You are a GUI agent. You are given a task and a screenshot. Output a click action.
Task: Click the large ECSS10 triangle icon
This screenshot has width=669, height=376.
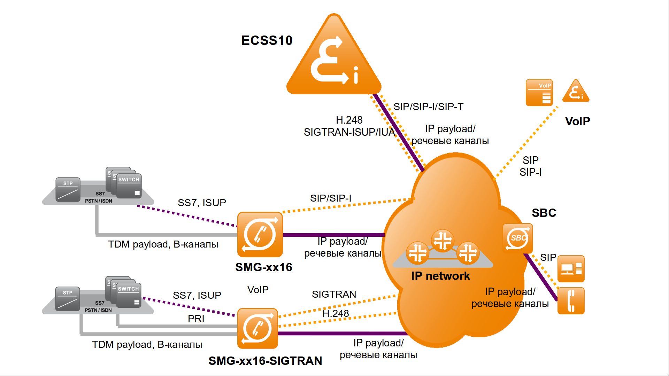pyautogui.click(x=334, y=59)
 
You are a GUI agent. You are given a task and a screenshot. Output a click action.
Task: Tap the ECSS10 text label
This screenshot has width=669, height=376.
pyautogui.click(x=267, y=40)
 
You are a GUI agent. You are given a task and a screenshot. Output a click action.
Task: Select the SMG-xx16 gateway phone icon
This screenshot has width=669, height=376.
pyautogui.click(x=260, y=234)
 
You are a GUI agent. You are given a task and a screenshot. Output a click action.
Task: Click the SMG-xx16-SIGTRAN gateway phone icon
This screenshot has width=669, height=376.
pyautogui.click(x=257, y=328)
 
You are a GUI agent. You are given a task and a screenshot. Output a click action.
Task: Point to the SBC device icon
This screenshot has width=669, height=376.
pyautogui.click(x=518, y=238)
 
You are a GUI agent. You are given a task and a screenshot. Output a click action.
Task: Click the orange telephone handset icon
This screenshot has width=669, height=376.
pyautogui.click(x=571, y=301)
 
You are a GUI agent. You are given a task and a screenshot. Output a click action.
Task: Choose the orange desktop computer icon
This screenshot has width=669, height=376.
pyautogui.click(x=571, y=269)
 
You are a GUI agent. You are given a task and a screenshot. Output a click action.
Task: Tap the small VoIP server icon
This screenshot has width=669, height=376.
pyautogui.click(x=539, y=93)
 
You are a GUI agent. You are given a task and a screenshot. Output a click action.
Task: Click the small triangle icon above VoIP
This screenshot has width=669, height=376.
pyautogui.click(x=576, y=91)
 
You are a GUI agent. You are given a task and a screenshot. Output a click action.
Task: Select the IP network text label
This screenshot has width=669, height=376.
pyautogui.click(x=440, y=276)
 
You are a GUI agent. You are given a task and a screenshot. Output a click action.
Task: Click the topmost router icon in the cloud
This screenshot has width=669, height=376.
pyautogui.click(x=443, y=240)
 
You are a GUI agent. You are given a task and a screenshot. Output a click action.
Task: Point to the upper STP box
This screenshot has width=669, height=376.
pyautogui.click(x=68, y=190)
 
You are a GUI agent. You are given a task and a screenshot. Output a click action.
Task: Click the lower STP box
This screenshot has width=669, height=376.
pyautogui.click(x=68, y=299)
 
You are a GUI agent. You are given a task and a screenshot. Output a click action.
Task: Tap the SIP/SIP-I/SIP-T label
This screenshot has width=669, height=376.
pyautogui.click(x=428, y=107)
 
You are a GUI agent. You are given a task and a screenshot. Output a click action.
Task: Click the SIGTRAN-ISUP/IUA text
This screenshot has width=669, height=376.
pyautogui.click(x=349, y=132)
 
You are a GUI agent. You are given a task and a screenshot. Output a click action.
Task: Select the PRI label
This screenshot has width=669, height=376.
pyautogui.click(x=196, y=319)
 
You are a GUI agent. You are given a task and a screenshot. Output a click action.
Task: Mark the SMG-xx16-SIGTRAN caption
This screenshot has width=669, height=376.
pyautogui.click(x=265, y=361)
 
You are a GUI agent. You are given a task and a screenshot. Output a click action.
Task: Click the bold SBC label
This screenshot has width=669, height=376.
pyautogui.click(x=544, y=213)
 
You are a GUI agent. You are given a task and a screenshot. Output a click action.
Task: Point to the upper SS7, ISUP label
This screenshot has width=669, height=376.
pyautogui.click(x=202, y=203)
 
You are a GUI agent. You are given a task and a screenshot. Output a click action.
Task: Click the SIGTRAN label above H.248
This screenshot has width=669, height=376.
pyautogui.click(x=334, y=295)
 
